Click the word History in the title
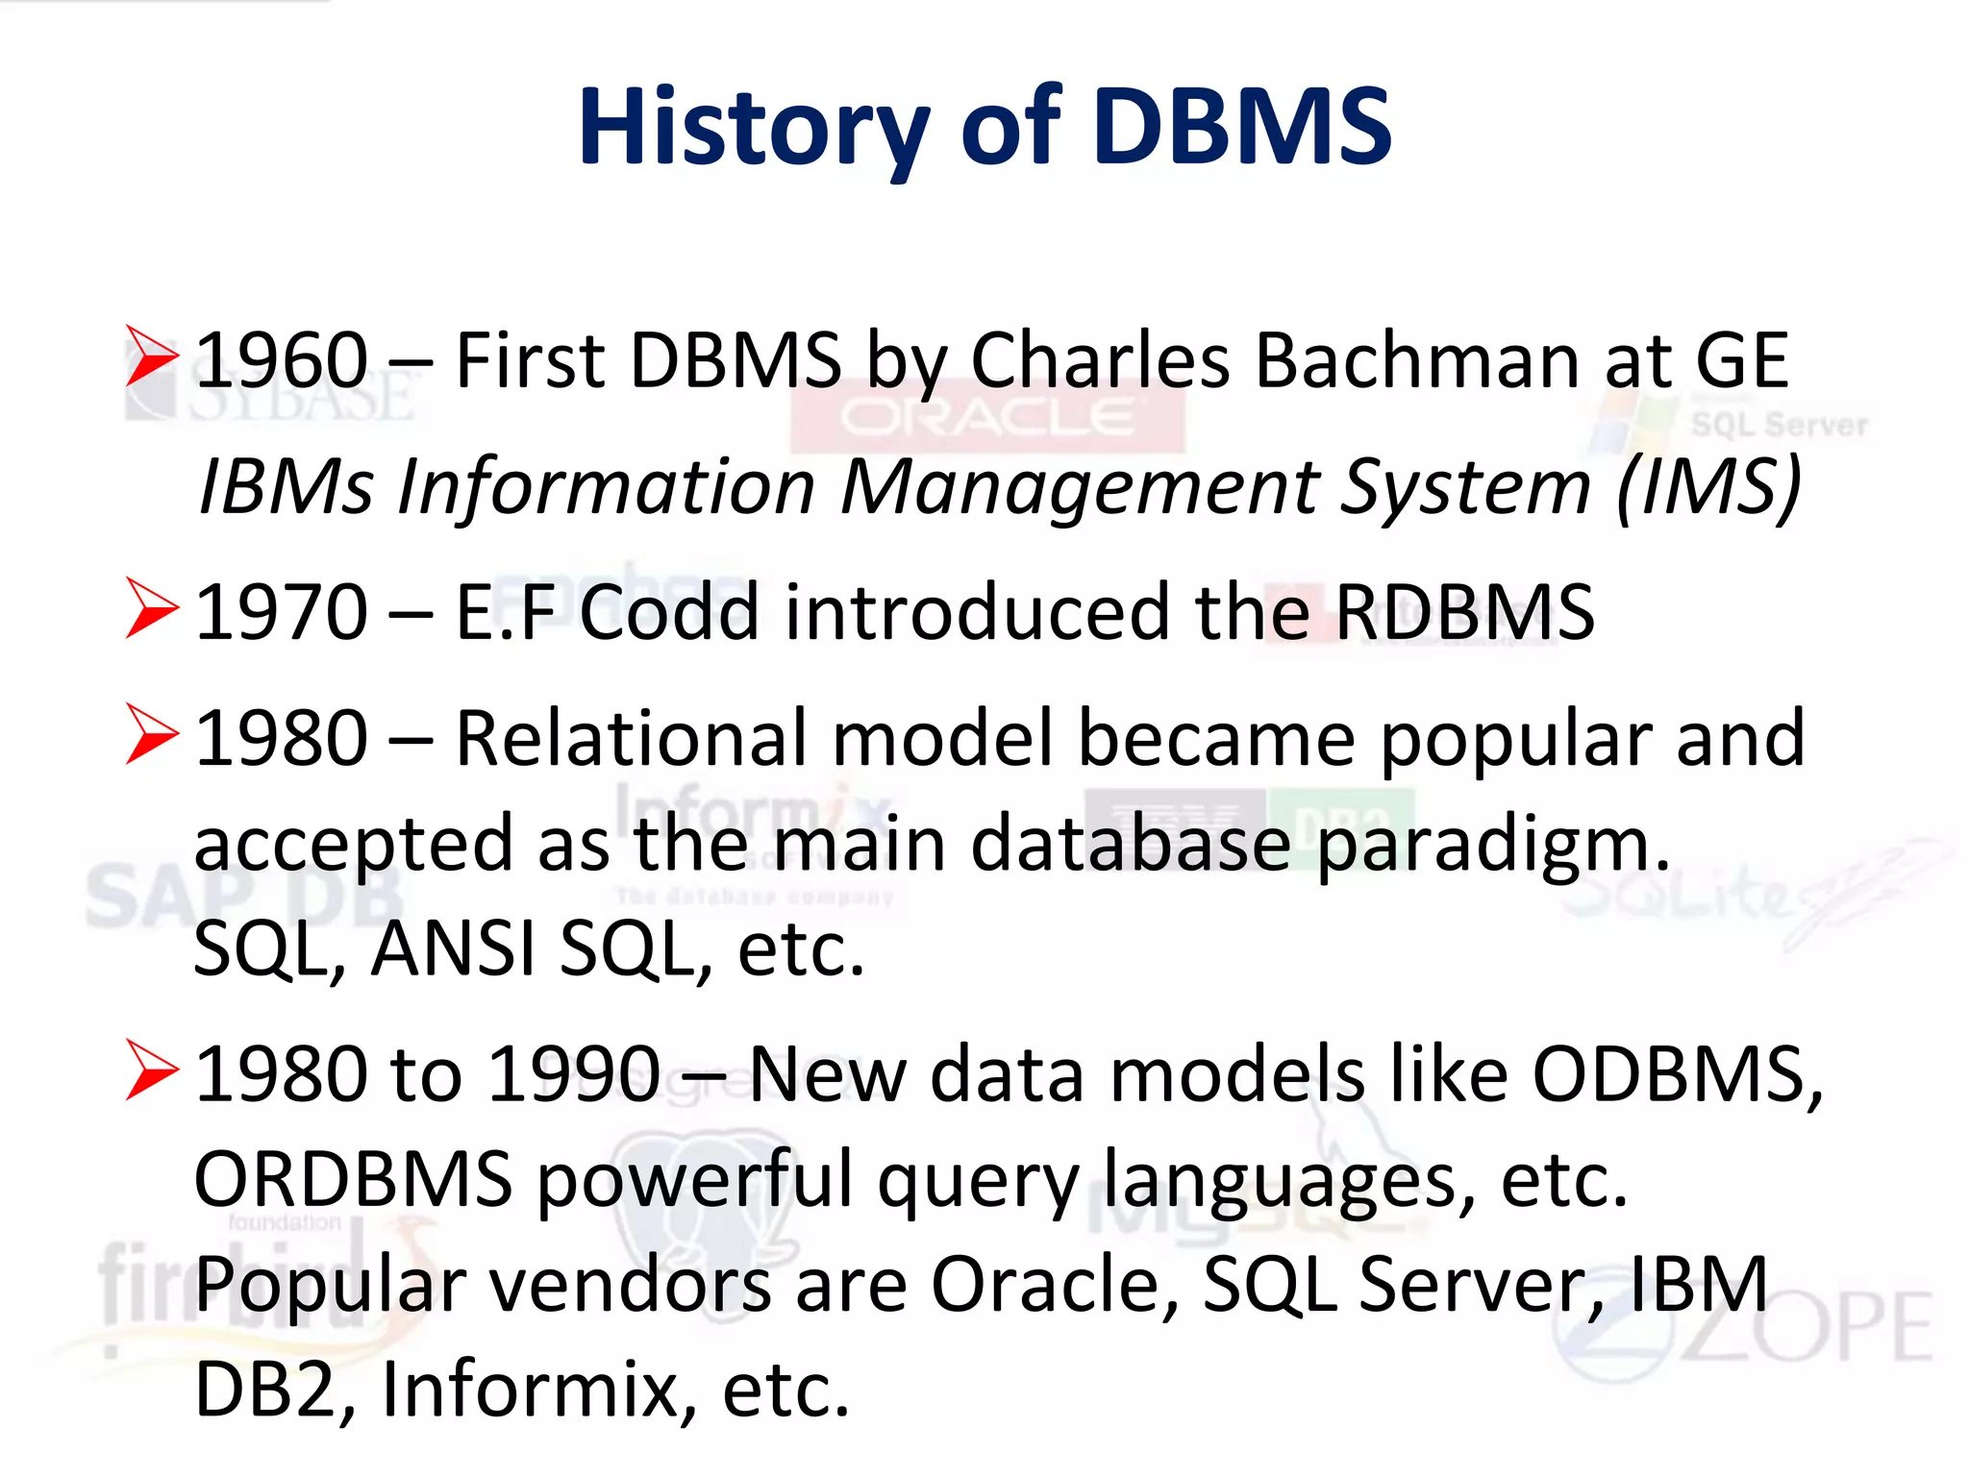coord(753,128)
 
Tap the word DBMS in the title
coord(1242,128)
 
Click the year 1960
coord(281,360)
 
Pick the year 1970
coord(281,612)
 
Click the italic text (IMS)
coord(1708,487)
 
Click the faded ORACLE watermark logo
coord(987,417)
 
